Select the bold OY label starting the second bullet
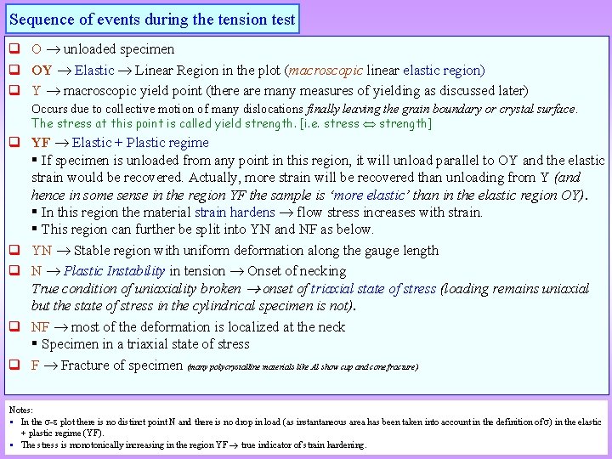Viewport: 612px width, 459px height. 42,70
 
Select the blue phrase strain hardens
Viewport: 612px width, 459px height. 235,212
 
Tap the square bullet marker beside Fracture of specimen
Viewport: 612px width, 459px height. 14,365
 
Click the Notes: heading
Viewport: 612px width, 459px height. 21,410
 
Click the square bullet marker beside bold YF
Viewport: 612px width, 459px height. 14,143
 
